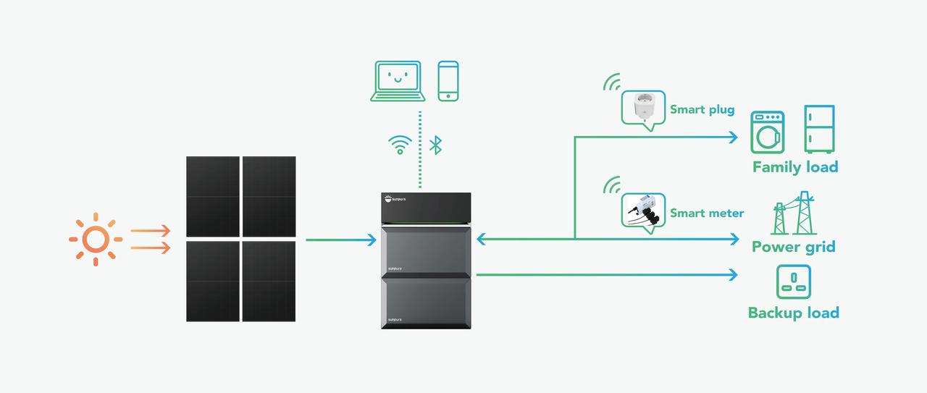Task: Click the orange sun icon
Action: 96,239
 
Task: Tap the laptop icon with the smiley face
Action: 398,81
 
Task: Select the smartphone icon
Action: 448,81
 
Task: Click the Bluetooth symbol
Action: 435,145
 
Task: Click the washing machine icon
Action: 768,132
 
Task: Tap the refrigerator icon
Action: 819,129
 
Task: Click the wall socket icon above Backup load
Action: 794,282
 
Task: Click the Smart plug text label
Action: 702,109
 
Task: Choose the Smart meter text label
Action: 707,213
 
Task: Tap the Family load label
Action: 795,166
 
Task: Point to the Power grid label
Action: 794,247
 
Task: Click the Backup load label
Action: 794,313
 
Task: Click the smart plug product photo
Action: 644,106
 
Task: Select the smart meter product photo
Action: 644,210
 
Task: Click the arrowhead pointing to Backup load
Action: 734,275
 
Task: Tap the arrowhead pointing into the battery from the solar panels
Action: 372,240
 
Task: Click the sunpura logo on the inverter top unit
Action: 395,199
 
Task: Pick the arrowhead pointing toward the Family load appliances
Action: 734,137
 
